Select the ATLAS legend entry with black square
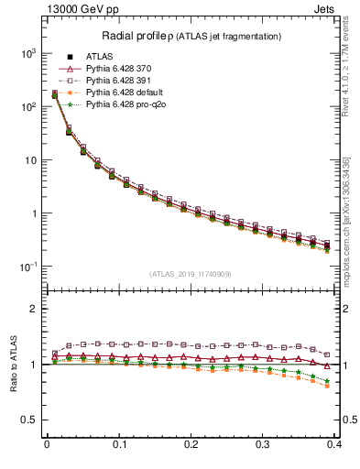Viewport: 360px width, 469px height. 98,56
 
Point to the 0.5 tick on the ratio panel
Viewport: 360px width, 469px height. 29,420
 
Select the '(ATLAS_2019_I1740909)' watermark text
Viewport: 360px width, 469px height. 191,274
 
